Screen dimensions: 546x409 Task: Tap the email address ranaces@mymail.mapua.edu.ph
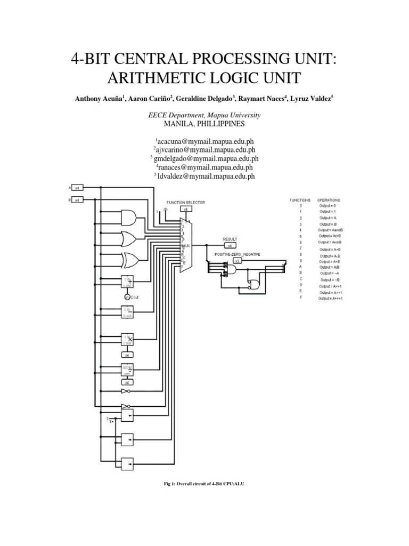pos(205,167)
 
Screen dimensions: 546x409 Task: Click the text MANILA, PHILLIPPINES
pos(204,124)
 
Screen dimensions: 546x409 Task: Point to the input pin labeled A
pos(77,188)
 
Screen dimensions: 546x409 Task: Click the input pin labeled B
pos(77,200)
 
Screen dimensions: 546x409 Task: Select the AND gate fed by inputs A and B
pos(129,217)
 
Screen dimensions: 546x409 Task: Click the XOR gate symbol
pos(130,260)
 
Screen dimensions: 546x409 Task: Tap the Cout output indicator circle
pos(127,296)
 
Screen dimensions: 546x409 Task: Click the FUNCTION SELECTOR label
pos(185,203)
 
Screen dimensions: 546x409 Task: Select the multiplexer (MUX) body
pos(184,245)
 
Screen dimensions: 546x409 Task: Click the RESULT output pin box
pos(230,246)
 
